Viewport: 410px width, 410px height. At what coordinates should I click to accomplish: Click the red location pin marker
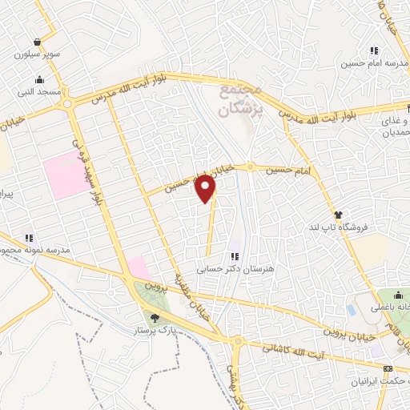click(x=207, y=189)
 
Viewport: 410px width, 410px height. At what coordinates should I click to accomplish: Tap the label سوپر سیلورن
click(x=34, y=57)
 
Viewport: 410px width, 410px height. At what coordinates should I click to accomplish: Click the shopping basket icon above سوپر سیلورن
click(x=37, y=42)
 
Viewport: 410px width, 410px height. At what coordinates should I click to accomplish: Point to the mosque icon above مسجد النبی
click(x=38, y=79)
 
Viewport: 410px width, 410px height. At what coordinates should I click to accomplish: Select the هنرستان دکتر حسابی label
click(x=232, y=270)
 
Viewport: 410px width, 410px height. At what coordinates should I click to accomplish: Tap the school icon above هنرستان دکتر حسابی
click(x=235, y=257)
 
